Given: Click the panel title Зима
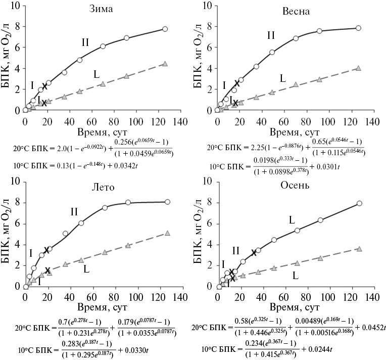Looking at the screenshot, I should point(101,10).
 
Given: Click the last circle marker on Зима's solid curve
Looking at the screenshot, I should point(165,29).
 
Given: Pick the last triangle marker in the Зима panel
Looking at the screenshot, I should point(165,64).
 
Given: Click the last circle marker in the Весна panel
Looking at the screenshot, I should point(358,28).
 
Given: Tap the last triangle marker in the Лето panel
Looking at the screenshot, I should point(167,233).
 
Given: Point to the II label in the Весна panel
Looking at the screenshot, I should point(271,35).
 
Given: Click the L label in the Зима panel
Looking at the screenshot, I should point(96,75).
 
